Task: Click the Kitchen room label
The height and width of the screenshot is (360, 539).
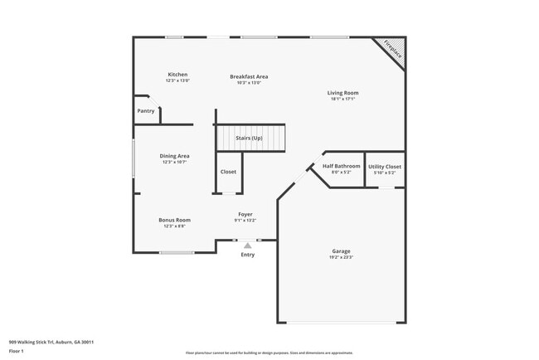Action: (x=177, y=75)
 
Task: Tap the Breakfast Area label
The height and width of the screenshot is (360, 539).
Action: (x=249, y=76)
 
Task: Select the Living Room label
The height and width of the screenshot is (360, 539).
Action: (x=342, y=93)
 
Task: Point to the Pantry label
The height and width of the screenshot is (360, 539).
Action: (x=145, y=110)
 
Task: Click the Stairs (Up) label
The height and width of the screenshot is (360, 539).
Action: (x=249, y=138)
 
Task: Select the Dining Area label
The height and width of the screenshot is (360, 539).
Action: (x=175, y=156)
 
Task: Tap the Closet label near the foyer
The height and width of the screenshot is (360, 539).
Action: (x=228, y=172)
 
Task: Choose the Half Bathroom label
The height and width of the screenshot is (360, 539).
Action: (x=342, y=166)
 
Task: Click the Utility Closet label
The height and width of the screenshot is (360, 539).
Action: (x=385, y=166)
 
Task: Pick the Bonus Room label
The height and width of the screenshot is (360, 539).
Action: (x=175, y=220)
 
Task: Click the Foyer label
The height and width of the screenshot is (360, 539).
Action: (x=245, y=214)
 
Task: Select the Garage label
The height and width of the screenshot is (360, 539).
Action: (x=342, y=251)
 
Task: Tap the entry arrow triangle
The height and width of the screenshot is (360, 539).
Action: (x=247, y=246)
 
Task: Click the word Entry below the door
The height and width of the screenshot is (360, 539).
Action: (x=248, y=255)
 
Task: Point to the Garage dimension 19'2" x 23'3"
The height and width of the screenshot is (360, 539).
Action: (x=342, y=257)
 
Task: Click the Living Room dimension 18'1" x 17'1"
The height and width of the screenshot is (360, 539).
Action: (x=342, y=100)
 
